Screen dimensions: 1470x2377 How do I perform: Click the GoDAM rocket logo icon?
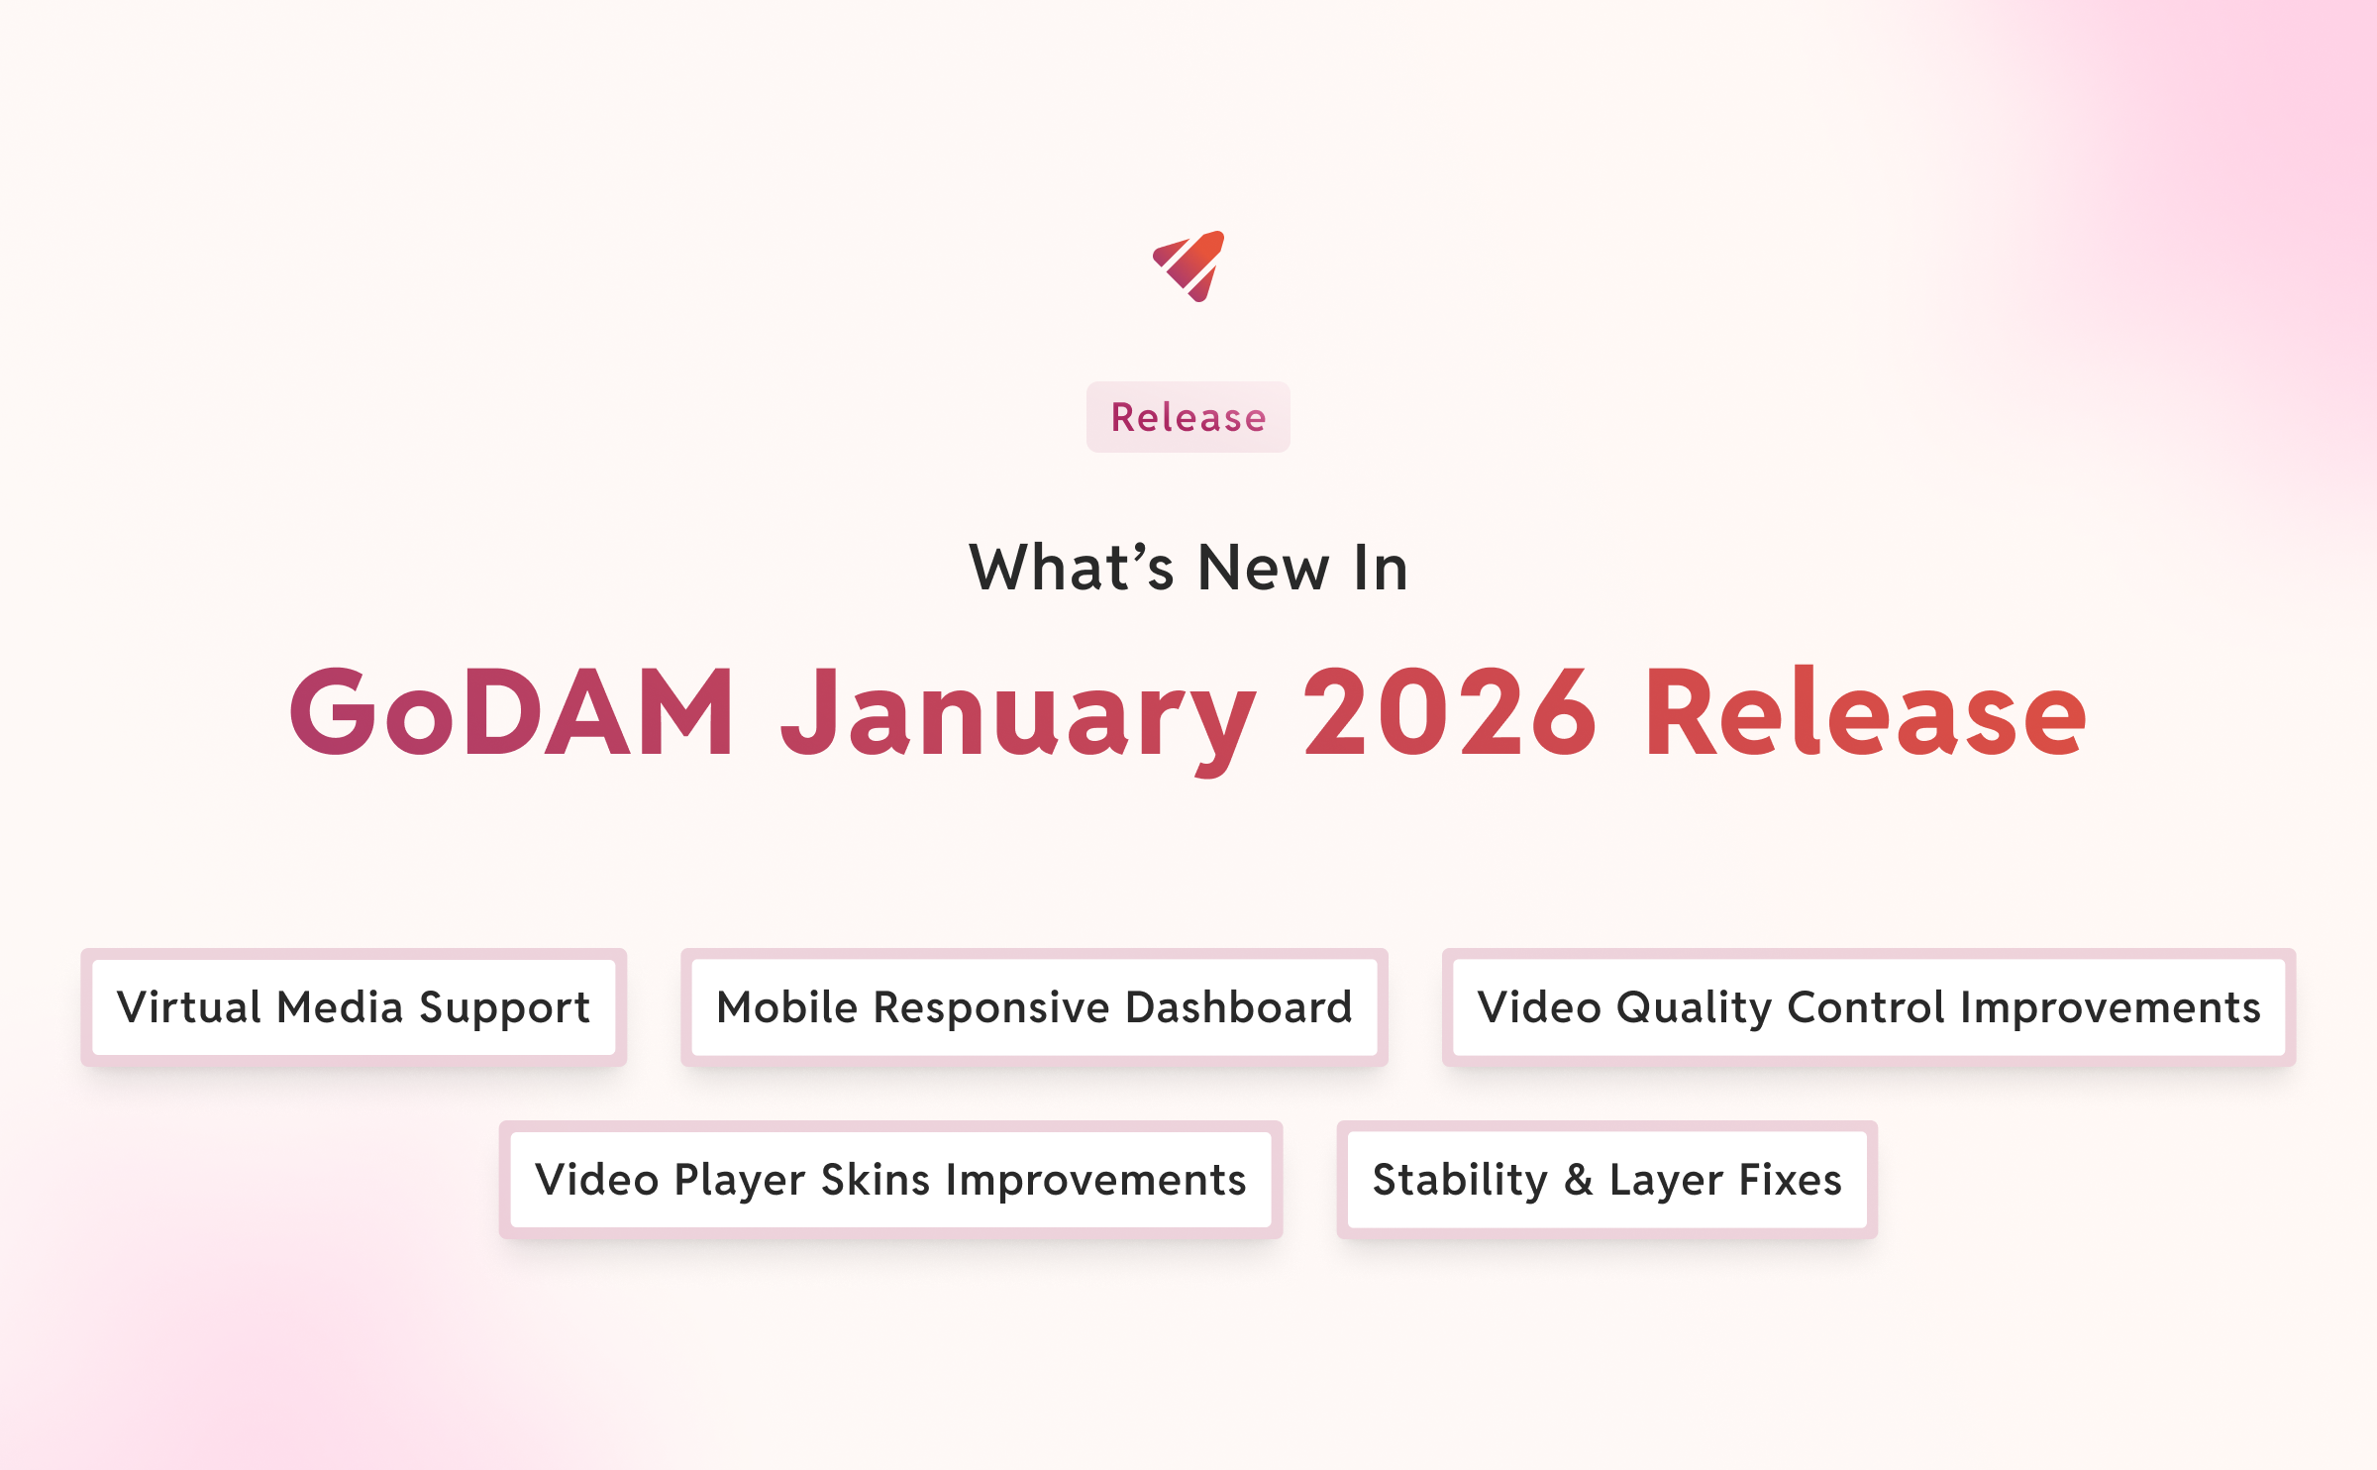[x=1189, y=265]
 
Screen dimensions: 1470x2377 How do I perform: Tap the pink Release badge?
[x=1188, y=417]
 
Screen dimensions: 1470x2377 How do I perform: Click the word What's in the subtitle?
[x=1071, y=569]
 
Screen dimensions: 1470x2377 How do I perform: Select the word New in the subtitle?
[x=1264, y=569]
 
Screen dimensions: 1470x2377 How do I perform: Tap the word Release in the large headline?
[x=1866, y=712]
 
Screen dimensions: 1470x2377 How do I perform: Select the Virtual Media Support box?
[x=354, y=1007]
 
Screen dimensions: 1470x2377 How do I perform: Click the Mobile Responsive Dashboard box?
[x=1034, y=1007]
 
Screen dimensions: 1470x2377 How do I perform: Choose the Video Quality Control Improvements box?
[x=1869, y=1007]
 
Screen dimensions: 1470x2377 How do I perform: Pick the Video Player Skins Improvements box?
[x=890, y=1180]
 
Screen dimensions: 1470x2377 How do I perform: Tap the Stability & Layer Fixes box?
[x=1606, y=1180]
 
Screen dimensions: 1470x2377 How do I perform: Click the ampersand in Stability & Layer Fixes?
[x=1579, y=1180]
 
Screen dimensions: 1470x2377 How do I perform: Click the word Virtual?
[x=189, y=1007]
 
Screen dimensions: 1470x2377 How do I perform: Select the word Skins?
[x=876, y=1180]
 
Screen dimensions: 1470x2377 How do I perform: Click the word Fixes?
[x=1791, y=1180]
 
